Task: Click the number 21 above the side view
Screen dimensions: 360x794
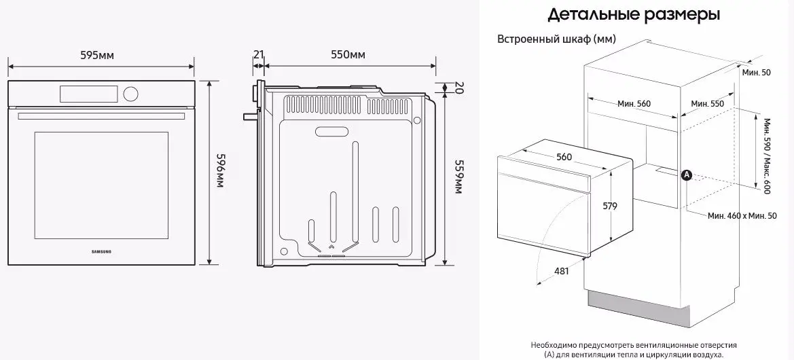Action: tap(258, 54)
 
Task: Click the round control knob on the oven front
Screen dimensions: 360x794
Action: tap(131, 92)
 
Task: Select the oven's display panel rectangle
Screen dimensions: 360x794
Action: tap(89, 92)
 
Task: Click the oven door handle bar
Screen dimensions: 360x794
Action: tap(101, 116)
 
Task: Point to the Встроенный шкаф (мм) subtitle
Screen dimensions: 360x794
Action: tap(557, 39)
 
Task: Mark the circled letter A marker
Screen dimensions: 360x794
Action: tap(686, 175)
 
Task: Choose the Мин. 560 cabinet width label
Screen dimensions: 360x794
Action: tap(634, 104)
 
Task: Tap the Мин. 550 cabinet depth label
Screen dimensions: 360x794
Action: tap(707, 103)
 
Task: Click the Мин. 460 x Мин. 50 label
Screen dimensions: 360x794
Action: tap(742, 215)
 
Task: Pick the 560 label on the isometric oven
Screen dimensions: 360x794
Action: tap(564, 157)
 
